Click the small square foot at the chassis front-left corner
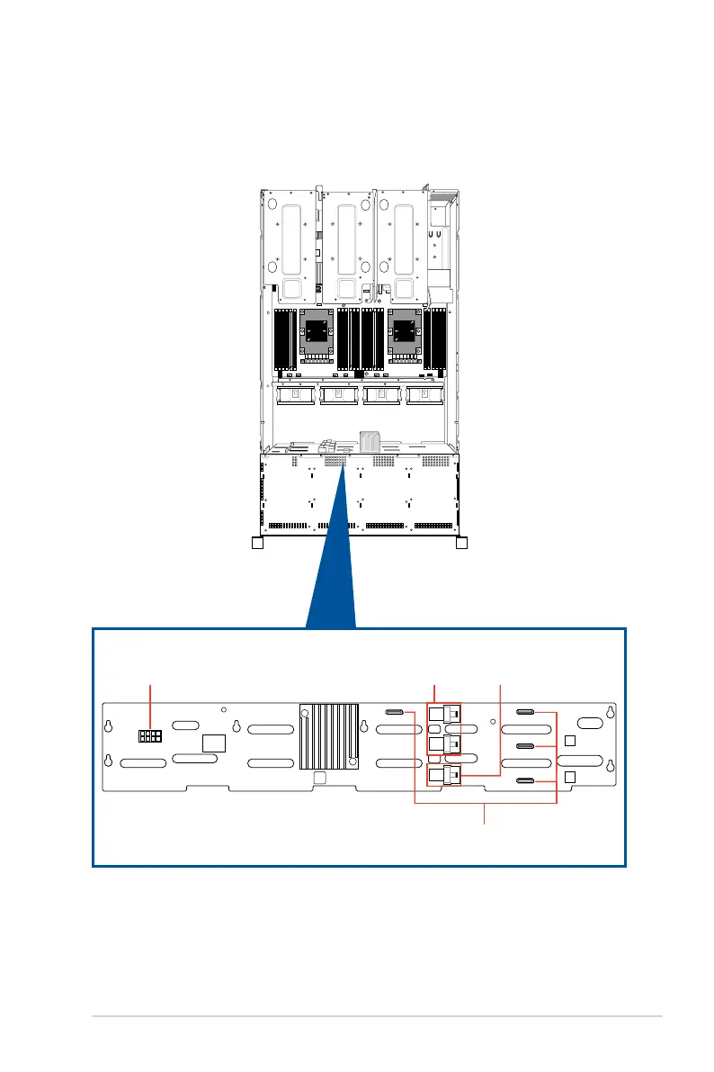[256, 544]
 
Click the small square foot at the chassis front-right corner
[462, 544]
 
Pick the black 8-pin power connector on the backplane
[149, 736]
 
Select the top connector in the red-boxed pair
[444, 716]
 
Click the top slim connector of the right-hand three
[527, 713]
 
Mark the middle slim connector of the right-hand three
[527, 746]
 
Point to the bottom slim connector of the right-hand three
[527, 780]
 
